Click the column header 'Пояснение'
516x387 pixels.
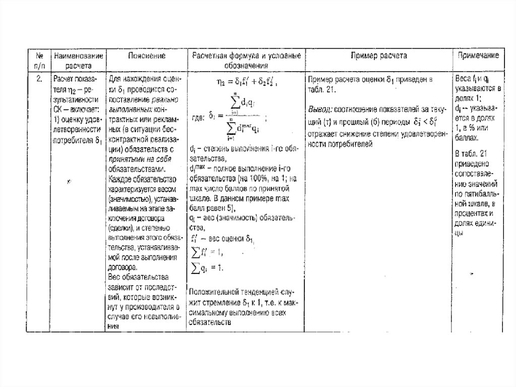146,56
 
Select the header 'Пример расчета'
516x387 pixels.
378,56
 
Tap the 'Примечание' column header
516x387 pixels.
478,56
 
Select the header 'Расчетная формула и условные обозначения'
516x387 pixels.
246,61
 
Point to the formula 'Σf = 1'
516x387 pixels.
206,252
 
